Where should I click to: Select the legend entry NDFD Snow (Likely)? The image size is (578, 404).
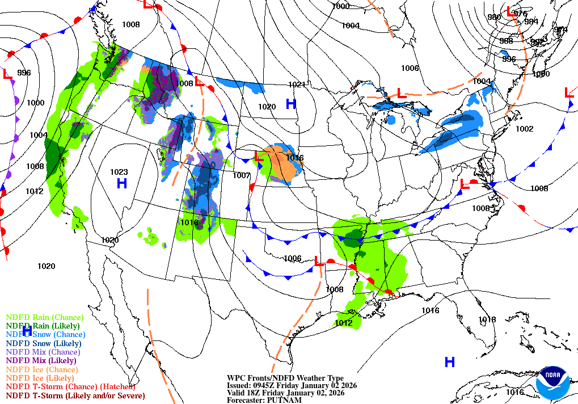(44, 343)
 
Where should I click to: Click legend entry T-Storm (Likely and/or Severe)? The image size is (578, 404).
(75, 395)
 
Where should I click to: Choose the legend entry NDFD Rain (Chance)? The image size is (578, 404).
(44, 317)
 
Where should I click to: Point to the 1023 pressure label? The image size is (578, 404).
(119, 172)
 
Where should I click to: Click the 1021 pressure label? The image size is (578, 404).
(297, 85)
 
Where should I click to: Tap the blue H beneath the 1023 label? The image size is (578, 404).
(121, 183)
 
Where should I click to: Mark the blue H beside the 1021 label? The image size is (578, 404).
(291, 103)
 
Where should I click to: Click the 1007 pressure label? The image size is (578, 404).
(242, 175)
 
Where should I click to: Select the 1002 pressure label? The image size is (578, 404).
(524, 129)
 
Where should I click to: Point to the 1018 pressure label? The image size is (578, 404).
(487, 319)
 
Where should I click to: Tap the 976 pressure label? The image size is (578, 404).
(520, 14)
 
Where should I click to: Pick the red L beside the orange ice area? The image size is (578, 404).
(258, 155)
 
